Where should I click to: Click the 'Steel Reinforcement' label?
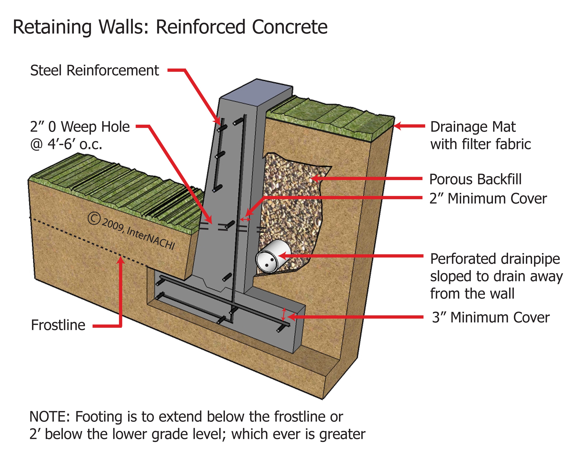coord(95,70)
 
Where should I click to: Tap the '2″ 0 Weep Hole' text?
coord(80,127)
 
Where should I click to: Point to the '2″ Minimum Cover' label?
coord(488,199)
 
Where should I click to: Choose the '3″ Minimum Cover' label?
coord(490,318)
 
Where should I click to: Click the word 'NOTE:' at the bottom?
coord(49,417)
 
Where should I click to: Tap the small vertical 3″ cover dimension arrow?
coord(283,314)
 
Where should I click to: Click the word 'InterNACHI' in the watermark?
coord(150,238)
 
